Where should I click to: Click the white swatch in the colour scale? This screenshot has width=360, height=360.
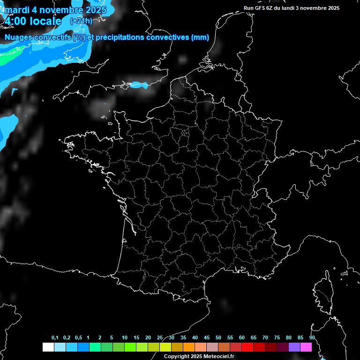click(x=48, y=347)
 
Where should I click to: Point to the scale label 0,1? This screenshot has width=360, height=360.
click(x=55, y=337)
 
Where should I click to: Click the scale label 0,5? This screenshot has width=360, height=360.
click(x=78, y=337)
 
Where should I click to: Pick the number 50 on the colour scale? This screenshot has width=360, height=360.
click(x=218, y=337)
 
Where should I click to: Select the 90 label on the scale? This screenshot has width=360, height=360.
click(x=312, y=337)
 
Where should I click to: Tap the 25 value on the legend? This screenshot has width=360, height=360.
click(x=160, y=337)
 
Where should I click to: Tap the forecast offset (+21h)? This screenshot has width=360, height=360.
click(x=81, y=21)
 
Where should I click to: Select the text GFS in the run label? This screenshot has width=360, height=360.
click(x=260, y=8)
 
